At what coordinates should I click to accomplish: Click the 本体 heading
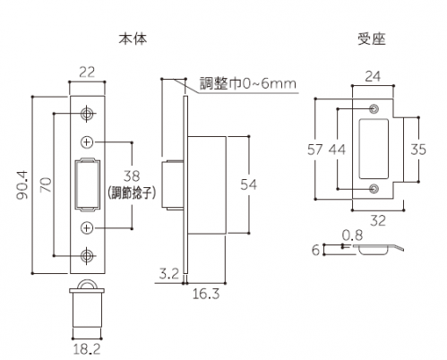coord(133,39)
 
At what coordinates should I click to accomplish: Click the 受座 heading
coord(372,39)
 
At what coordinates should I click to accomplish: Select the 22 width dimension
coord(87,72)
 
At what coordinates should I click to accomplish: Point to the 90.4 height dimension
coord(22,184)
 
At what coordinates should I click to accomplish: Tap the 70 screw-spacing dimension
coord(46,184)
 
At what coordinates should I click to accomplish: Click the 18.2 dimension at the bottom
coord(87,349)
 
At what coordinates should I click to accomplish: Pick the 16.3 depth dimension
coord(206,294)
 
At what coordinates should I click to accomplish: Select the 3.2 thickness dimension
coord(169,273)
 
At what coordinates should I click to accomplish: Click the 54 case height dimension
coord(248,184)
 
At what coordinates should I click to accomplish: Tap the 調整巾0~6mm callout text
coord(248,83)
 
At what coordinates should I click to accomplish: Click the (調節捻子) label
coord(132,193)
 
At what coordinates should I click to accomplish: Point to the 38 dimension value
coord(132,176)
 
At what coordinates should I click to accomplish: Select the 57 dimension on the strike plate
coord(315,150)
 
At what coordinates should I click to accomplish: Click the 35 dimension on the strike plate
coord(418,150)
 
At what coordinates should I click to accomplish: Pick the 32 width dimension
coord(378,221)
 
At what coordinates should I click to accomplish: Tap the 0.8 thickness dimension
coord(352,236)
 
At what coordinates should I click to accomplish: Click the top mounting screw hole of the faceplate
coord(87,114)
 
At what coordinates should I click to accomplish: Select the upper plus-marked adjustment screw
coord(87,142)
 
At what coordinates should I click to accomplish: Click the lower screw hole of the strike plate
coord(374,189)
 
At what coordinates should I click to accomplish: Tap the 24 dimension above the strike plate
coord(373,76)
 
